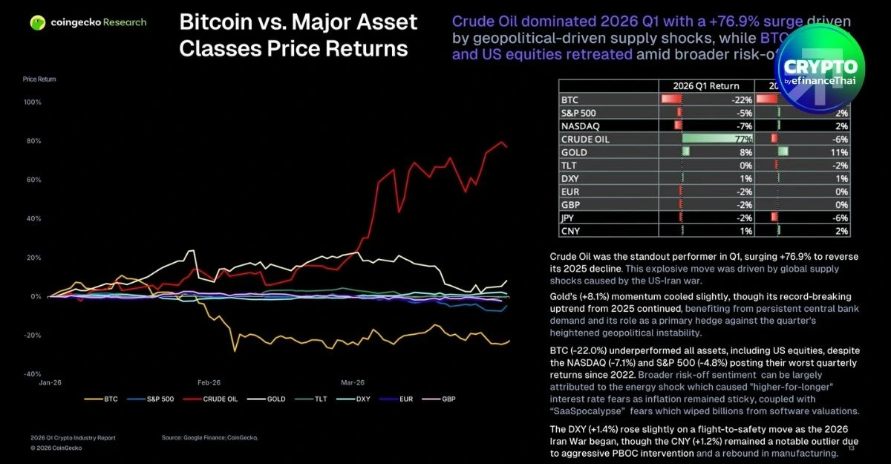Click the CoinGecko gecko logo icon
[37, 22]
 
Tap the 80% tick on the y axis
[33, 141]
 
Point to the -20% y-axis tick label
[33, 336]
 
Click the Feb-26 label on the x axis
[209, 382]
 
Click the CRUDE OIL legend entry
[222, 399]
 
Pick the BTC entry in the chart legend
[105, 399]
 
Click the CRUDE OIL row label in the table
[584, 139]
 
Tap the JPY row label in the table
[568, 218]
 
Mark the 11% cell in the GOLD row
[841, 152]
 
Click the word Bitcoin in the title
[217, 22]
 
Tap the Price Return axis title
[39, 79]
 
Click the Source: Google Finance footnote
[209, 438]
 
